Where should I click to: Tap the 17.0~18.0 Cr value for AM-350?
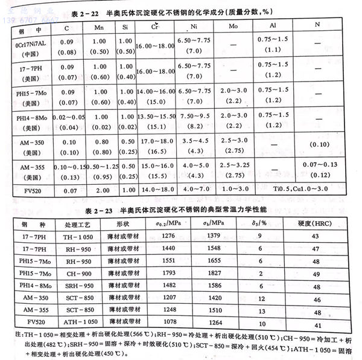pyautogui.click(x=154, y=141)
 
